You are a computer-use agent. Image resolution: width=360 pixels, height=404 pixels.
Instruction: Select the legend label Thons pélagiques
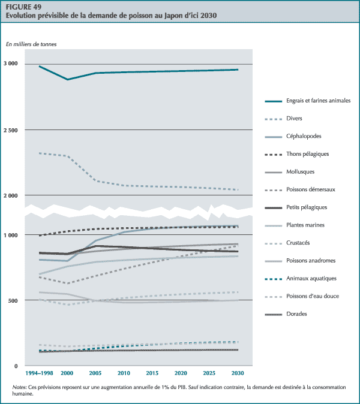tap(308, 154)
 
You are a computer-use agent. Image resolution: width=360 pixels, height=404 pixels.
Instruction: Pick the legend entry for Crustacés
tap(299, 243)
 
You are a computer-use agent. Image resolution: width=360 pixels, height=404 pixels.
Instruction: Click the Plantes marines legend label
tap(305, 225)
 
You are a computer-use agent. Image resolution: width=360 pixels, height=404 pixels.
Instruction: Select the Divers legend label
tap(294, 118)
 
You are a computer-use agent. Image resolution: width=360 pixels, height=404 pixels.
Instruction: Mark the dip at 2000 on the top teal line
tap(68, 79)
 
